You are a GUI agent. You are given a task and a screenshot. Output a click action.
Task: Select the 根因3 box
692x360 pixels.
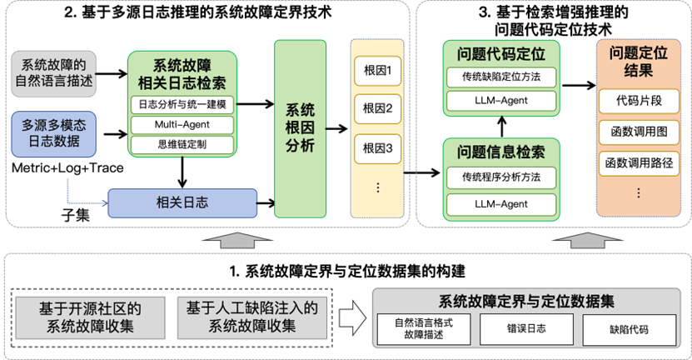coord(376,148)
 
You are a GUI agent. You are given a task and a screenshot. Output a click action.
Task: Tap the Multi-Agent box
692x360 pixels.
coord(183,125)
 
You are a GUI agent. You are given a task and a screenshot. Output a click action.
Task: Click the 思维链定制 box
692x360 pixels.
coord(183,144)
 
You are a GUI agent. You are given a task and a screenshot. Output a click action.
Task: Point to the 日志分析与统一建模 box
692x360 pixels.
coord(183,105)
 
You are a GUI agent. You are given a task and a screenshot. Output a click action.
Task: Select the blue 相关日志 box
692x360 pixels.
coord(182,201)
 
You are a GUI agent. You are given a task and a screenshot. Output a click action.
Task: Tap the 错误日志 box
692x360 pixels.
coord(526,329)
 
